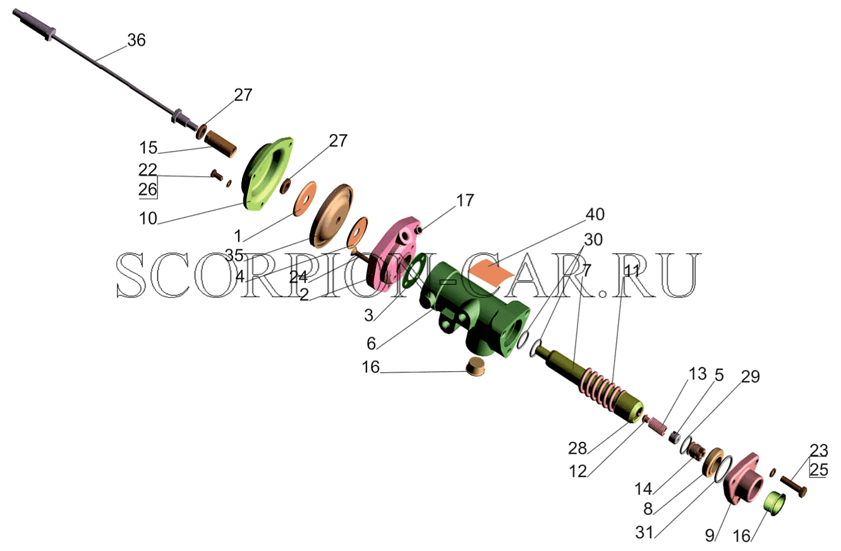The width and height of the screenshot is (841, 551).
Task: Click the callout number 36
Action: (136, 40)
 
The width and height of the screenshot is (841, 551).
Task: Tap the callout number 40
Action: (595, 214)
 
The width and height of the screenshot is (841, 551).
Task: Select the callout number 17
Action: (465, 200)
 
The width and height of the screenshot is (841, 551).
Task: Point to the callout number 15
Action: (148, 148)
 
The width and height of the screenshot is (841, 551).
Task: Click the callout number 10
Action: (148, 218)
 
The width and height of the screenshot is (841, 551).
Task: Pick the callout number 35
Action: (234, 256)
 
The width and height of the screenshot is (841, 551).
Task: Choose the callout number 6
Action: (371, 343)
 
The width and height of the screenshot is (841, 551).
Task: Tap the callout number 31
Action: (644, 532)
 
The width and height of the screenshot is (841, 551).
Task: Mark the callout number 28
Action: (578, 448)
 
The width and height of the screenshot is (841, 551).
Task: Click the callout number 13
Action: (698, 374)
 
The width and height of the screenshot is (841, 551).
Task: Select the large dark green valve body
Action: (475, 310)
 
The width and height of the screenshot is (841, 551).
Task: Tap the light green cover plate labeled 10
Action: (267, 174)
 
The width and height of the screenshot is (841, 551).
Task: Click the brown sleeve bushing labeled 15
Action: (220, 144)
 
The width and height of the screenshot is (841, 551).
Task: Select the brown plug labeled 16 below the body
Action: (475, 367)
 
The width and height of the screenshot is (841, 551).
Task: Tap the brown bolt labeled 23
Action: (794, 487)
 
